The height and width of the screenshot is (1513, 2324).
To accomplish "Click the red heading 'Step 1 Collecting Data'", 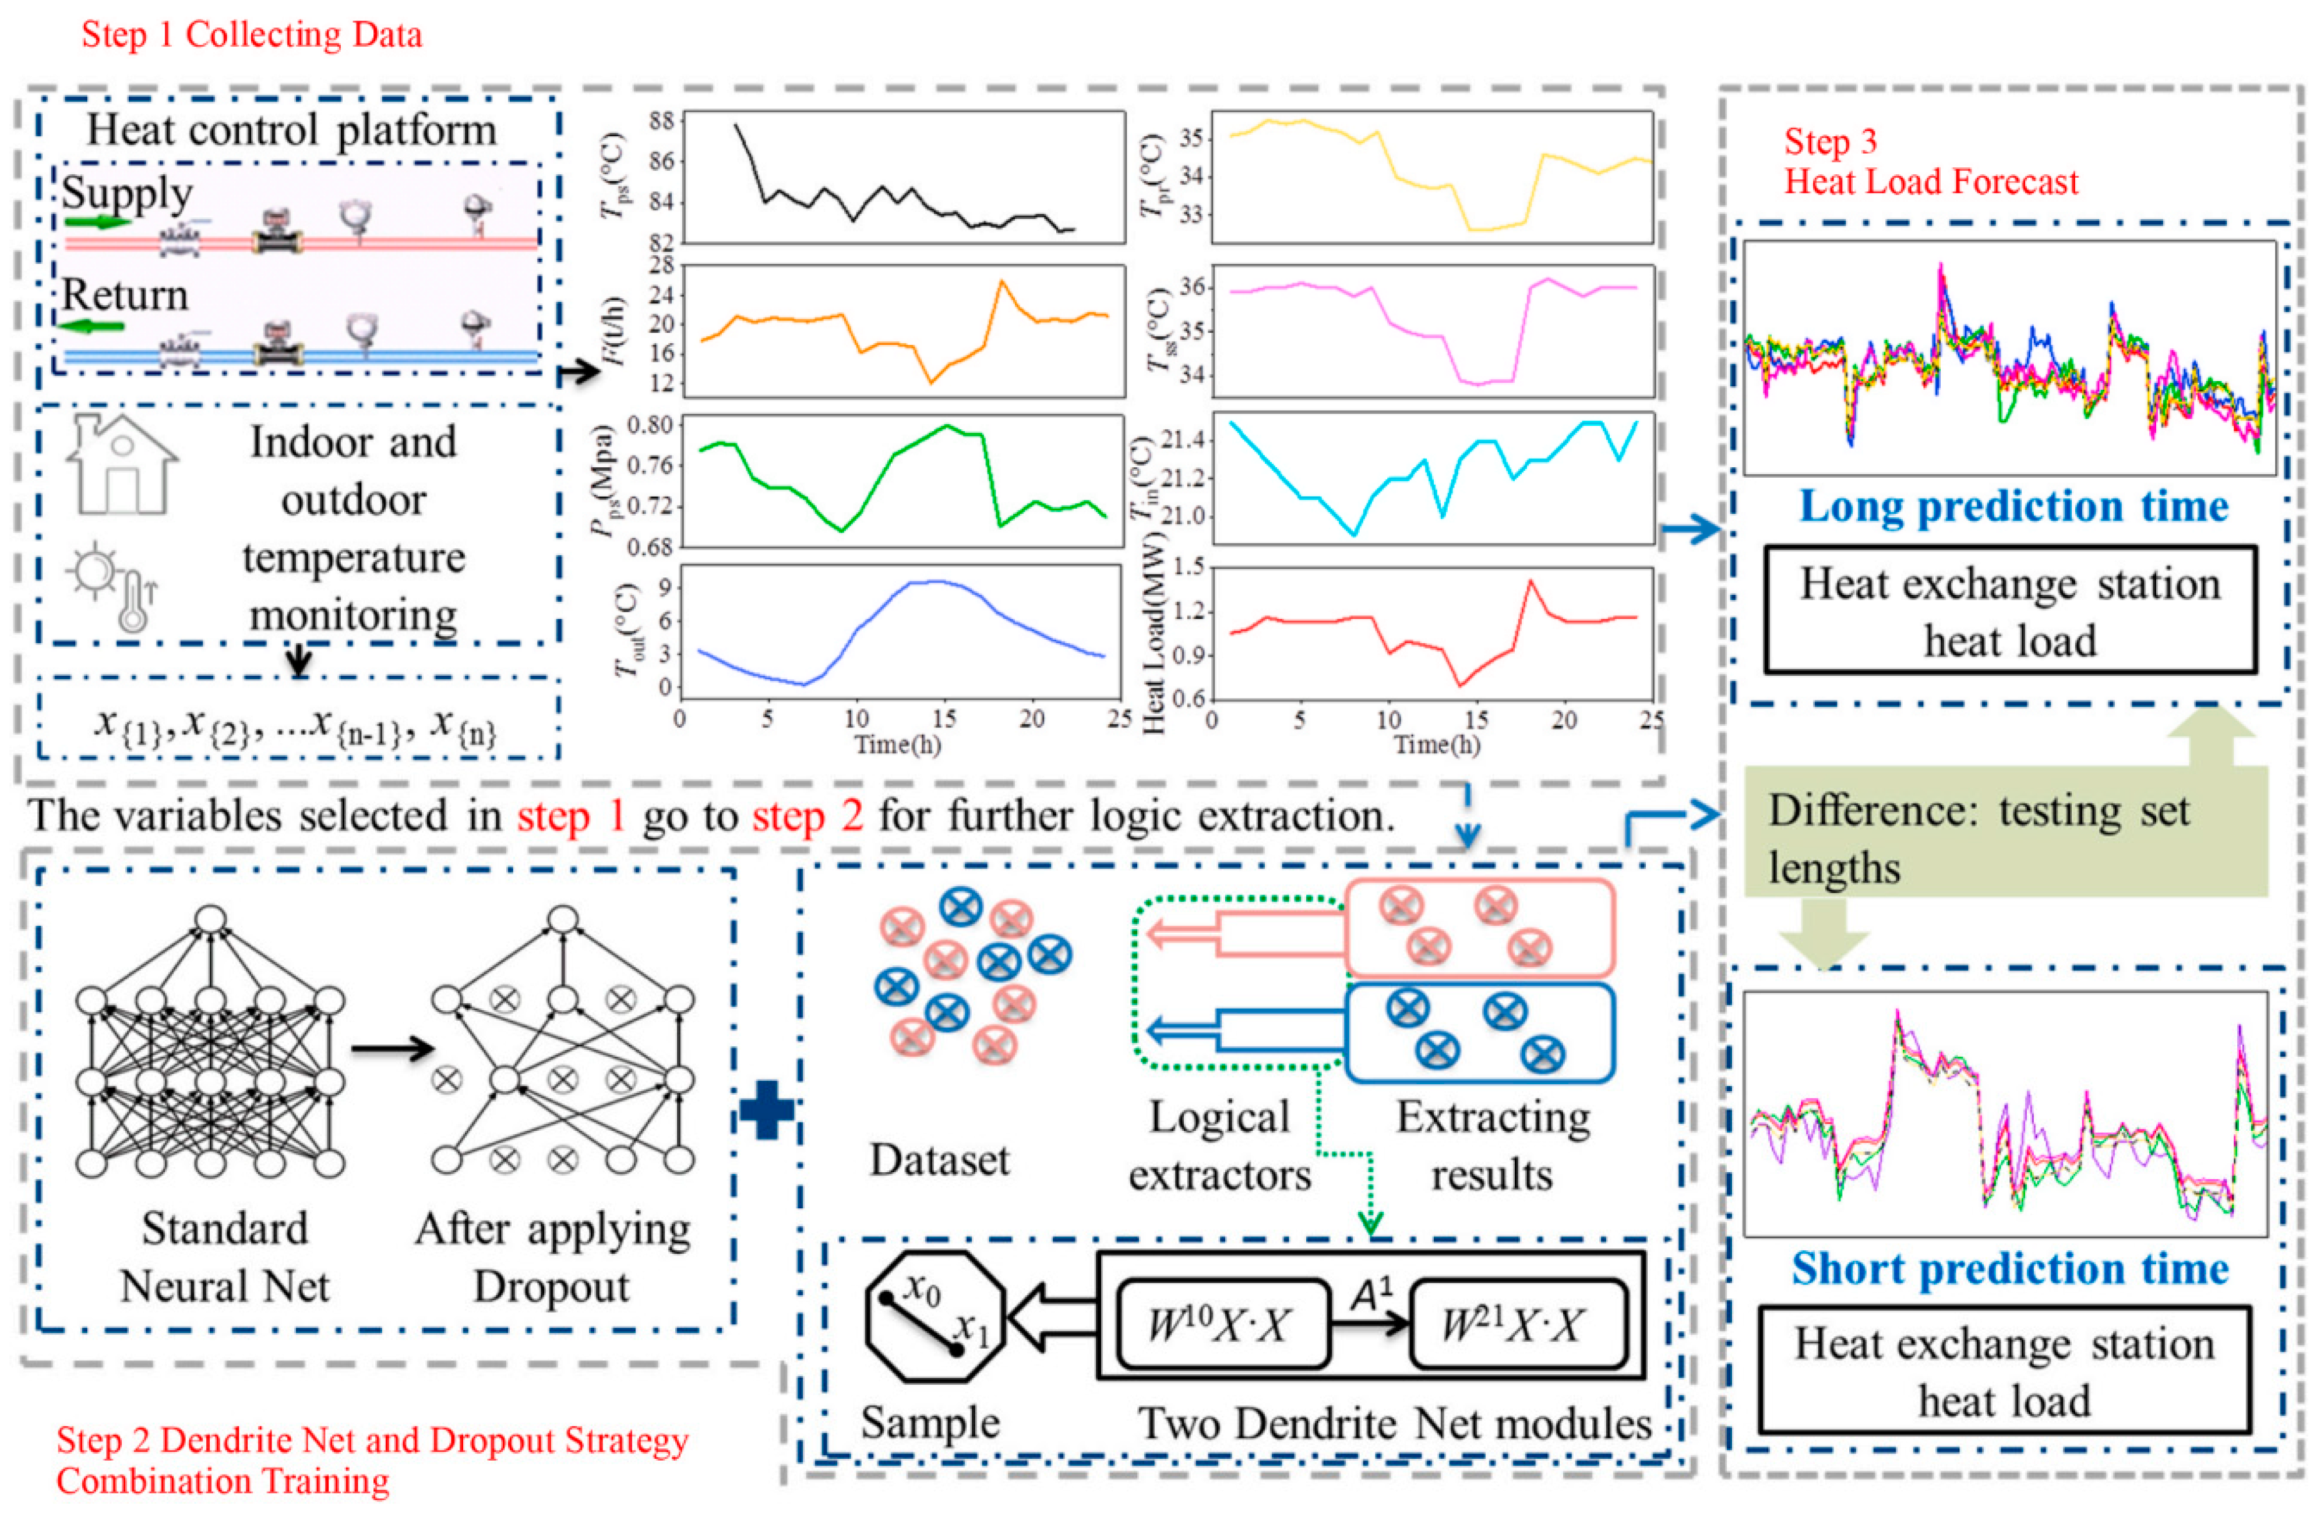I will (252, 35).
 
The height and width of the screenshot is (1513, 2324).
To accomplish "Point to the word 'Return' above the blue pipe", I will (125, 294).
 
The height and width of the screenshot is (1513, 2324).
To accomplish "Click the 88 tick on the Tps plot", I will (661, 121).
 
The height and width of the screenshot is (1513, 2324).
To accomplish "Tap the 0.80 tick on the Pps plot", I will (650, 425).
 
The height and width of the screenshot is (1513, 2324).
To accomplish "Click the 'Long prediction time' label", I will (2013, 506).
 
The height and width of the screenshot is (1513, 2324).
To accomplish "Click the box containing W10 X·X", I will (1222, 1324).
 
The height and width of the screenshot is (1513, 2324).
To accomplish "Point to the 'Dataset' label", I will (939, 1159).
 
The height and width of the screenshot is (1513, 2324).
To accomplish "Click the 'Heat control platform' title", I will (291, 130).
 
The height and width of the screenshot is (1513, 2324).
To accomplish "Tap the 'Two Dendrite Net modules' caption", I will (1394, 1423).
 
